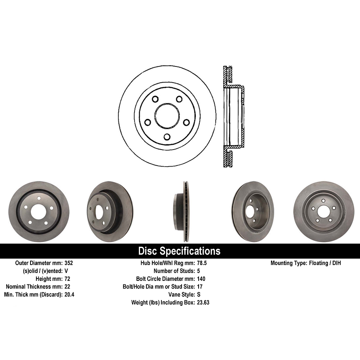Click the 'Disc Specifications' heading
pyautogui.click(x=179, y=251)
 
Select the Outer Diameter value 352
pyautogui.click(x=69, y=263)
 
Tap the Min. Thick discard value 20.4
pyautogui.click(x=70, y=295)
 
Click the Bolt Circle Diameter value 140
pyautogui.click(x=201, y=279)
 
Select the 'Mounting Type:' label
pyautogui.click(x=288, y=263)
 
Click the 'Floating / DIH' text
pyautogui.click(x=324, y=263)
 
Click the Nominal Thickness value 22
pyautogui.click(x=67, y=287)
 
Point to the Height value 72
pyautogui.click(x=67, y=279)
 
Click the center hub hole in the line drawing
pyautogui.click(x=167, y=116)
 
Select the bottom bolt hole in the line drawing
pyautogui.click(x=167, y=137)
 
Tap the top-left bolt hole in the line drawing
pyautogui.click(x=155, y=99)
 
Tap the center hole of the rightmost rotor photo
pyautogui.click(x=323, y=212)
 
